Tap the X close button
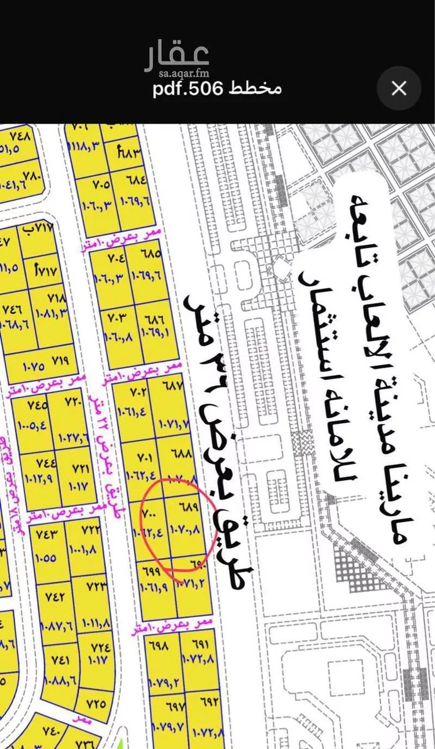[x=398, y=88]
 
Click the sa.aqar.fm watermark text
[x=176, y=73]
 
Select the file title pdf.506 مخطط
[x=217, y=89]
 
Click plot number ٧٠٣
[x=116, y=319]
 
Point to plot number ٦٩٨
[x=161, y=645]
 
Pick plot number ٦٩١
[x=199, y=643]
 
